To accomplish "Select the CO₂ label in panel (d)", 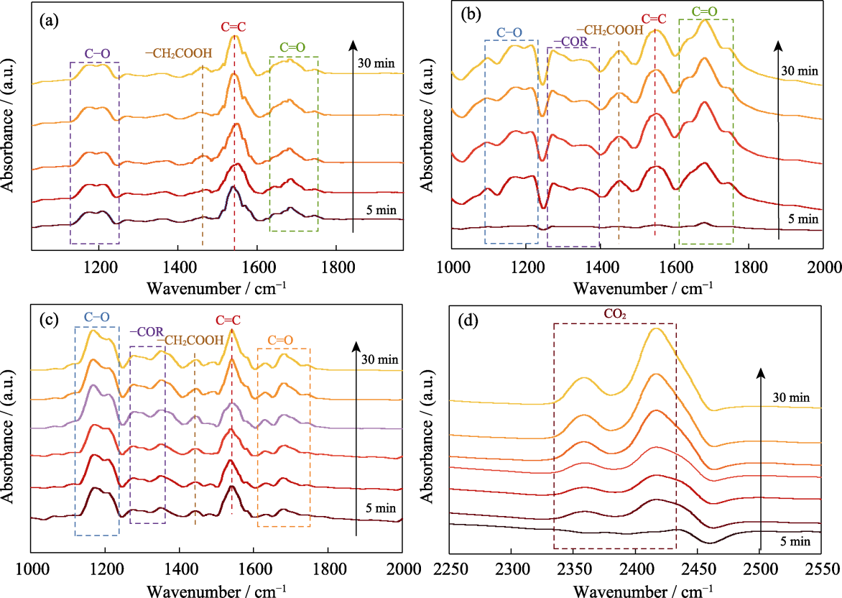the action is pyautogui.click(x=615, y=314).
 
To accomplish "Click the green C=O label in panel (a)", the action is pyautogui.click(x=292, y=47).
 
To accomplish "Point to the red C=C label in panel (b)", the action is pyautogui.click(x=654, y=19).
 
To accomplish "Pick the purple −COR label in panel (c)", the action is pyautogui.click(x=147, y=333).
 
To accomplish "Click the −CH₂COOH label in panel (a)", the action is pyautogui.click(x=179, y=53).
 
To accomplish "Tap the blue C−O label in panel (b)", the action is pyautogui.click(x=509, y=32).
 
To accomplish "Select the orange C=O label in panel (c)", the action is pyautogui.click(x=280, y=340).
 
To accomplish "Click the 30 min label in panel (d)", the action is pyautogui.click(x=791, y=398).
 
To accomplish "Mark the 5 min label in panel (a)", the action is pyautogui.click(x=381, y=210).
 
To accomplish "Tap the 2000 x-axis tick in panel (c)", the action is pyautogui.click(x=403, y=569).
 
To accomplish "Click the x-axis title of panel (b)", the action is pyautogui.click(x=643, y=288).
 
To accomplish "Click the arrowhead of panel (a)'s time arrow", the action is pyautogui.click(x=353, y=45).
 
